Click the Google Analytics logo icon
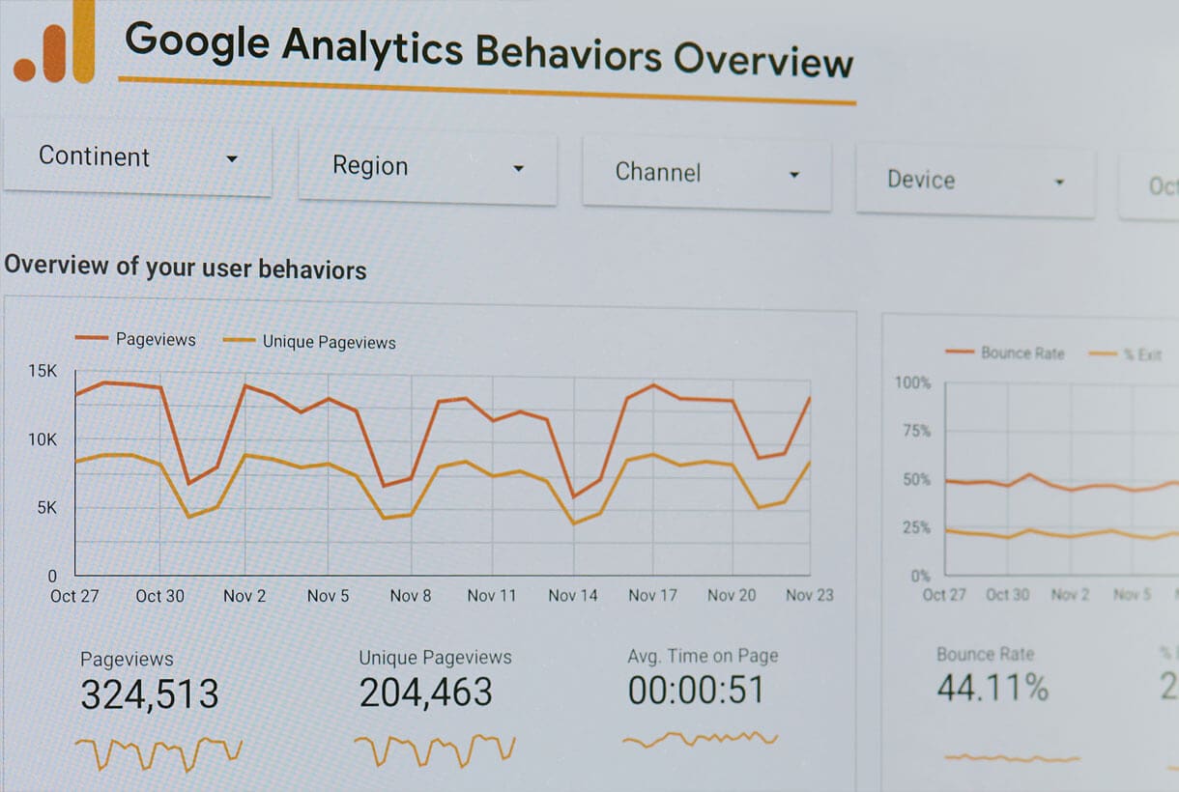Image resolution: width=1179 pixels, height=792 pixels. click(x=56, y=46)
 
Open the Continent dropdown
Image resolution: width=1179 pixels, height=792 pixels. click(x=137, y=157)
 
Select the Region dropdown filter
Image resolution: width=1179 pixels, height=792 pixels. click(x=427, y=167)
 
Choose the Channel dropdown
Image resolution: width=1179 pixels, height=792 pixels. click(x=705, y=173)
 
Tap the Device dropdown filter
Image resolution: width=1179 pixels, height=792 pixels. click(x=974, y=181)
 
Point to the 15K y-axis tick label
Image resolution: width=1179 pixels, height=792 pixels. click(x=43, y=371)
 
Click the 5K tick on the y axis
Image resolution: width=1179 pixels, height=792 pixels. click(x=46, y=507)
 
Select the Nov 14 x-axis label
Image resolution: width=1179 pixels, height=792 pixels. click(x=573, y=595)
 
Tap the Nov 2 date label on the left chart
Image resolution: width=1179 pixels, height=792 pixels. click(x=244, y=596)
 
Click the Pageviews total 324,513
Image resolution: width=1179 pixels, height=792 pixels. click(x=150, y=693)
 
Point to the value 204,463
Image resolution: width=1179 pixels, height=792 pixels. click(x=425, y=692)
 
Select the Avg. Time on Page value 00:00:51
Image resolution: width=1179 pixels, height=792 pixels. click(x=696, y=690)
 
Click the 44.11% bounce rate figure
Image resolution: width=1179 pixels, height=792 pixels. click(x=992, y=688)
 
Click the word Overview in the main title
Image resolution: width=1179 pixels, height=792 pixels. click(x=763, y=60)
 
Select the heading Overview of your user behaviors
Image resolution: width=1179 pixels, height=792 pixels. click(x=186, y=267)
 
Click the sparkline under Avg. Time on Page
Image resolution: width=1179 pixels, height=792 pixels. click(x=700, y=740)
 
